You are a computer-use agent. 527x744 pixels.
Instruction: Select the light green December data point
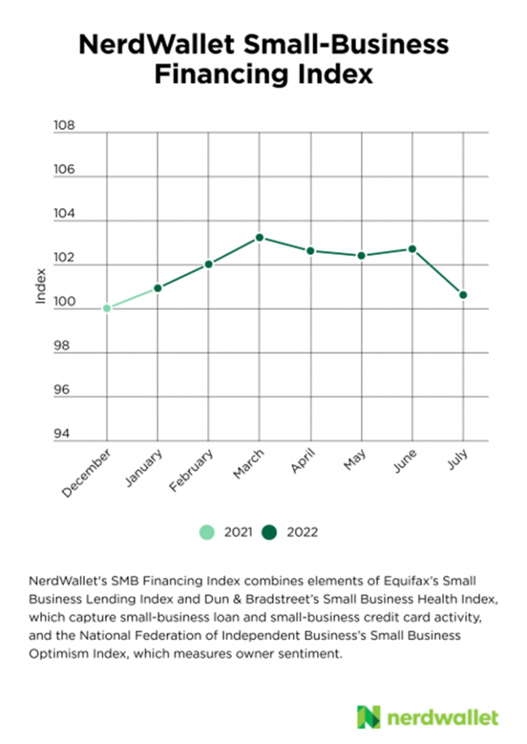click(107, 308)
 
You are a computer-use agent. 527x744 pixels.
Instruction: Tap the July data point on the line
click(463, 295)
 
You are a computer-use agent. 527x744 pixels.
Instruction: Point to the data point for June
click(412, 249)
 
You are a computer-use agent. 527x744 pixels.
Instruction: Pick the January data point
click(158, 288)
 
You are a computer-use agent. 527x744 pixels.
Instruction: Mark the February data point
click(209, 264)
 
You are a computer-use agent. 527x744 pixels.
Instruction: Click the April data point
click(310, 251)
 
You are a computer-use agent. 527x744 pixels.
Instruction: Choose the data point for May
click(361, 256)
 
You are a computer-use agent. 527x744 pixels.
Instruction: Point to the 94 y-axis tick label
click(65, 434)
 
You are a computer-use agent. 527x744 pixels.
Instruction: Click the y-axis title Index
click(41, 286)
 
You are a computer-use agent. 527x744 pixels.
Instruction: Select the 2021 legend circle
click(208, 533)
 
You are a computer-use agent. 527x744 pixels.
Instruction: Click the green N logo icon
click(369, 717)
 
